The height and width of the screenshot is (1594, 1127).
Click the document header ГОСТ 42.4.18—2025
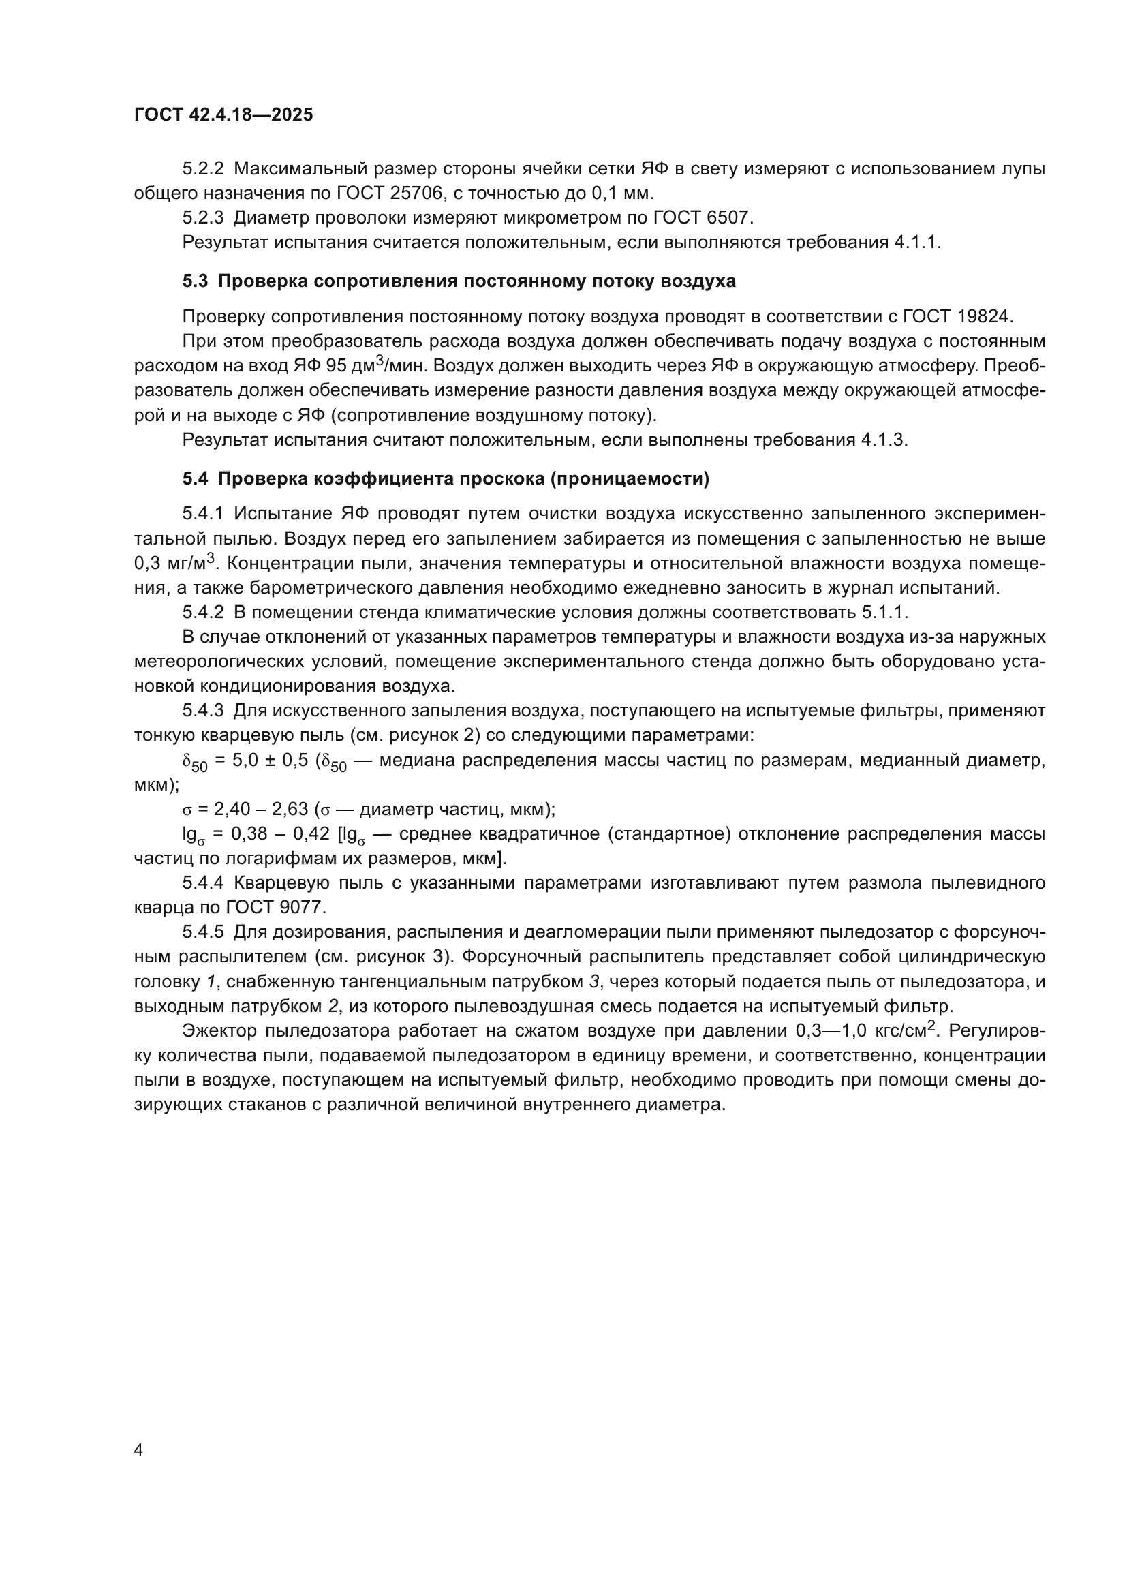point(223,115)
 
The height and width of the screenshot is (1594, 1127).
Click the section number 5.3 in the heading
point(195,281)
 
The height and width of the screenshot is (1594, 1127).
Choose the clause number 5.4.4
point(203,883)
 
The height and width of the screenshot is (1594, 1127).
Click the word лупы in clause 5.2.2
point(1023,169)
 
